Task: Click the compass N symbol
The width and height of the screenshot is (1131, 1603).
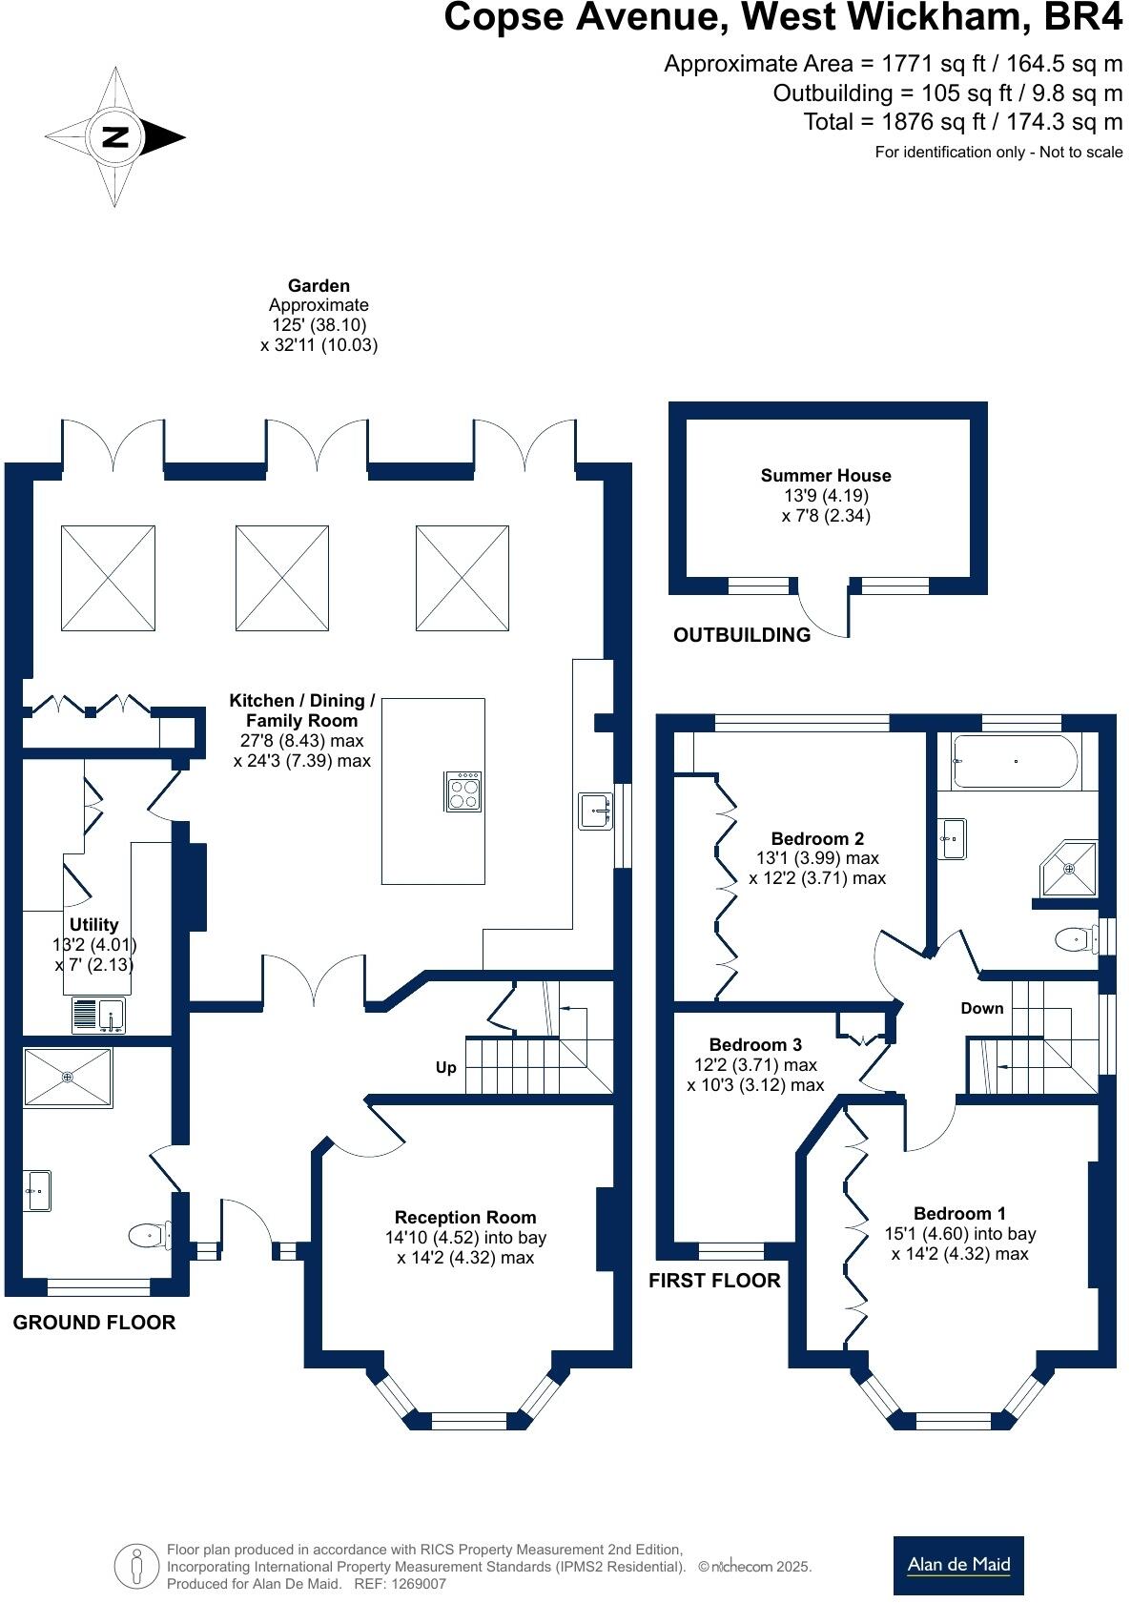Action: (x=115, y=136)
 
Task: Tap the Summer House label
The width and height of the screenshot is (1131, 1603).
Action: (x=826, y=475)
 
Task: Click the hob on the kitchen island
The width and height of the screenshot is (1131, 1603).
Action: (x=463, y=791)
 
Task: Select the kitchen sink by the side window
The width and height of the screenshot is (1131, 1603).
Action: (x=596, y=811)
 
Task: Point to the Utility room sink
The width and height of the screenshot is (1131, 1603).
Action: (x=97, y=1015)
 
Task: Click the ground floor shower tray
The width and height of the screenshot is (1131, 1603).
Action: (x=68, y=1077)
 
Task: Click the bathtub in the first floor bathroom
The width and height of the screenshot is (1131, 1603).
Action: (x=1016, y=761)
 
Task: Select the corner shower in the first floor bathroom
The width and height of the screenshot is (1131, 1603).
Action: (x=1068, y=868)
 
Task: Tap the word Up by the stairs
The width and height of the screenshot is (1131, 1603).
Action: (x=445, y=1067)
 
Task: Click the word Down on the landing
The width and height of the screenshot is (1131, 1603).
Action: (x=982, y=1008)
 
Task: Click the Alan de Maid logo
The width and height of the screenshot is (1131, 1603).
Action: (x=958, y=1565)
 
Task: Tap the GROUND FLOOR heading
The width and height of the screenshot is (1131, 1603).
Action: (x=94, y=1322)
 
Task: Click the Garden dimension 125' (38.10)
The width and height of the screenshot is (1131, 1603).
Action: (x=319, y=325)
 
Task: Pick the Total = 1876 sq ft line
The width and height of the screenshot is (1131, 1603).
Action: (x=963, y=122)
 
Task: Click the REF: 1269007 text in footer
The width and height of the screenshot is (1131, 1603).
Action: (x=400, y=1584)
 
